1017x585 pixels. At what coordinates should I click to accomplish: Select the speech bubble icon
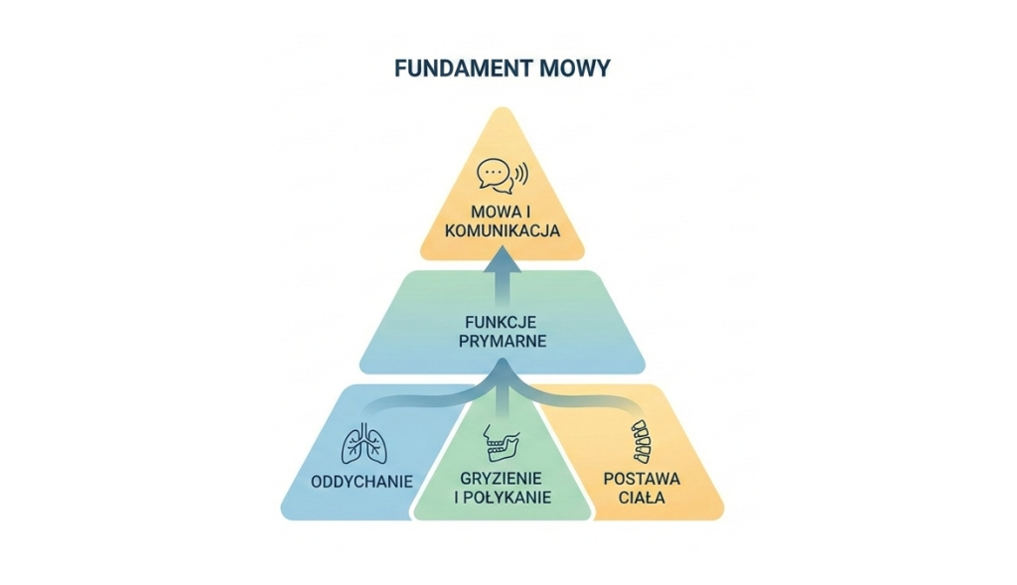pyautogui.click(x=496, y=176)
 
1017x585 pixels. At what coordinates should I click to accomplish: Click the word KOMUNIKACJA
pyautogui.click(x=503, y=230)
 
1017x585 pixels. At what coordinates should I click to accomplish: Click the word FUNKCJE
pyautogui.click(x=501, y=323)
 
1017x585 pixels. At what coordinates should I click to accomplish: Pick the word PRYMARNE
pyautogui.click(x=503, y=341)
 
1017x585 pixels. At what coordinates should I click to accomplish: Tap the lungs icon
pyautogui.click(x=364, y=444)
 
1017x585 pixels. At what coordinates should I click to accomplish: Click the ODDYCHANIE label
pyautogui.click(x=362, y=482)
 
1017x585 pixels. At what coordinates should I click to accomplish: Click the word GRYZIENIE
pyautogui.click(x=502, y=479)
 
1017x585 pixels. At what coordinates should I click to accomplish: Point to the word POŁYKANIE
pyautogui.click(x=508, y=498)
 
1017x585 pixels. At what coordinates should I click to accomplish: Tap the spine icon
pyautogui.click(x=642, y=442)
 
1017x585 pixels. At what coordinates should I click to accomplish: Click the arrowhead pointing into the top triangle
pyautogui.click(x=503, y=258)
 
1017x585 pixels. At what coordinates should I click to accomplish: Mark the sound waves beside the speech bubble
pyautogui.click(x=521, y=174)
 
